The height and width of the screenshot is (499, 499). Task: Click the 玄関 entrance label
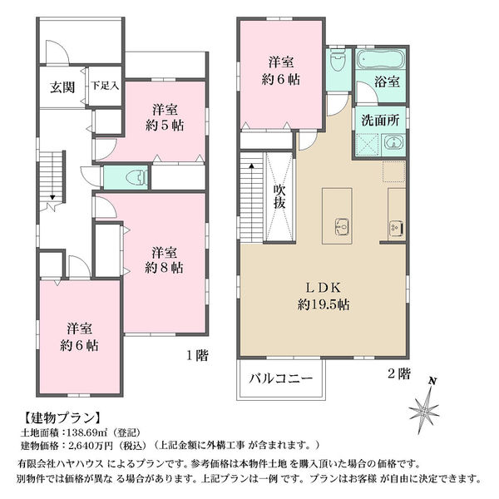pyautogui.click(x=62, y=86)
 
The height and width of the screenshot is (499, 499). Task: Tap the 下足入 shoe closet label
pyautogui.click(x=105, y=86)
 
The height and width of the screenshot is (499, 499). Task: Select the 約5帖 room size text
pyautogui.click(x=165, y=126)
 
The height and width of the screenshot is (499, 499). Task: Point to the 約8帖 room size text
pyautogui.click(x=164, y=268)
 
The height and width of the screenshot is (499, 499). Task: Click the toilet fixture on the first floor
pyautogui.click(x=138, y=178)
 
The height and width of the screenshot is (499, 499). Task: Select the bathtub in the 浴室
pyautogui.click(x=380, y=59)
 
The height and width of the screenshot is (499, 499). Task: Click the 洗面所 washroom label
pyautogui.click(x=380, y=121)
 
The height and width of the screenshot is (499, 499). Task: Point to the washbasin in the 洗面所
pyautogui.click(x=393, y=142)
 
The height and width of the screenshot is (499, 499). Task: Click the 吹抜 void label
pyautogui.click(x=279, y=196)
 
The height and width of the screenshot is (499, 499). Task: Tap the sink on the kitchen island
pyautogui.click(x=343, y=227)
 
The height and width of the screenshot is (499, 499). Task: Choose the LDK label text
pyautogui.click(x=323, y=288)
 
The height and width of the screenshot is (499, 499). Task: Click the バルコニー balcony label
pyautogui.click(x=281, y=378)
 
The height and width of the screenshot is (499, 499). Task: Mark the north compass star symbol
pyautogui.click(x=425, y=408)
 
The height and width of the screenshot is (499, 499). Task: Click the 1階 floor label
pyautogui.click(x=197, y=355)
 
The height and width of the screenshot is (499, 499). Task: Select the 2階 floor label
pyautogui.click(x=398, y=373)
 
